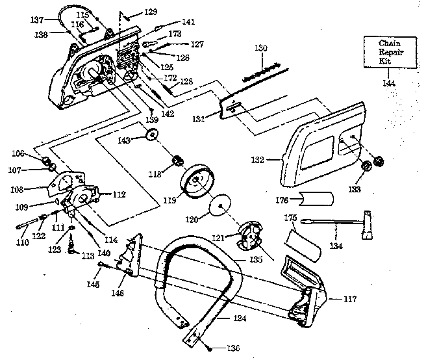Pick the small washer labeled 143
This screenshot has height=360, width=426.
coord(153,135)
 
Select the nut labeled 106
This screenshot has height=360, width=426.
coord(45,160)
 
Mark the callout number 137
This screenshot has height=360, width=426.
coord(36,19)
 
